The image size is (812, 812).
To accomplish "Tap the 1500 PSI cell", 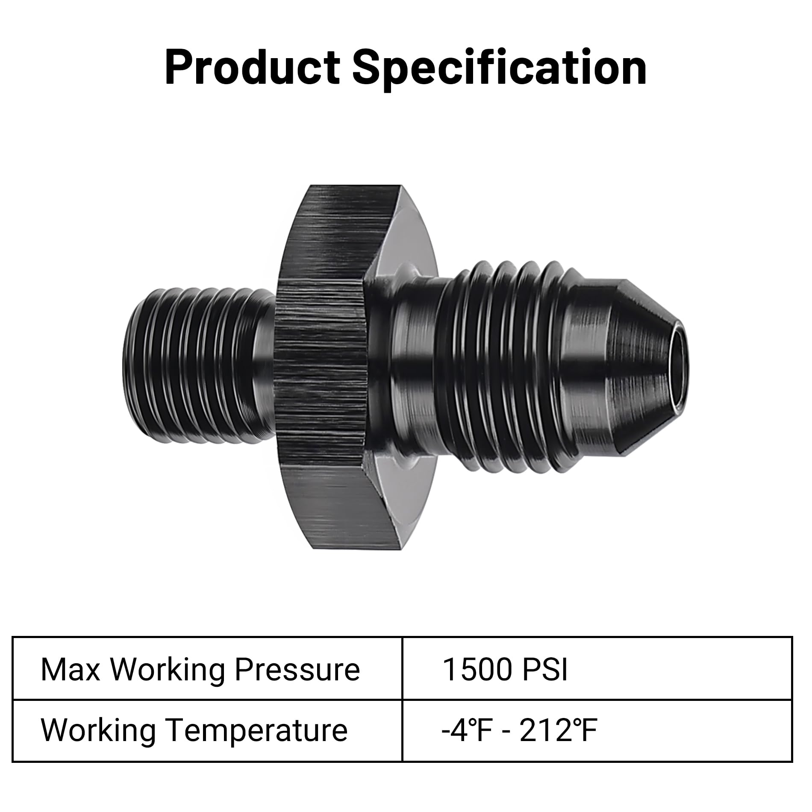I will [x=597, y=669].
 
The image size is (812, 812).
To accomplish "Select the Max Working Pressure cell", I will [x=207, y=669].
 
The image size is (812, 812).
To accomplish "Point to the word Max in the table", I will [x=71, y=669].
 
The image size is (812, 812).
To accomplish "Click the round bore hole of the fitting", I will [x=679, y=368].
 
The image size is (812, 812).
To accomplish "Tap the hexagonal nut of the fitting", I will [x=321, y=368].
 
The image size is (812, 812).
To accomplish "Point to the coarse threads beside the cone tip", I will [x=513, y=368].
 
